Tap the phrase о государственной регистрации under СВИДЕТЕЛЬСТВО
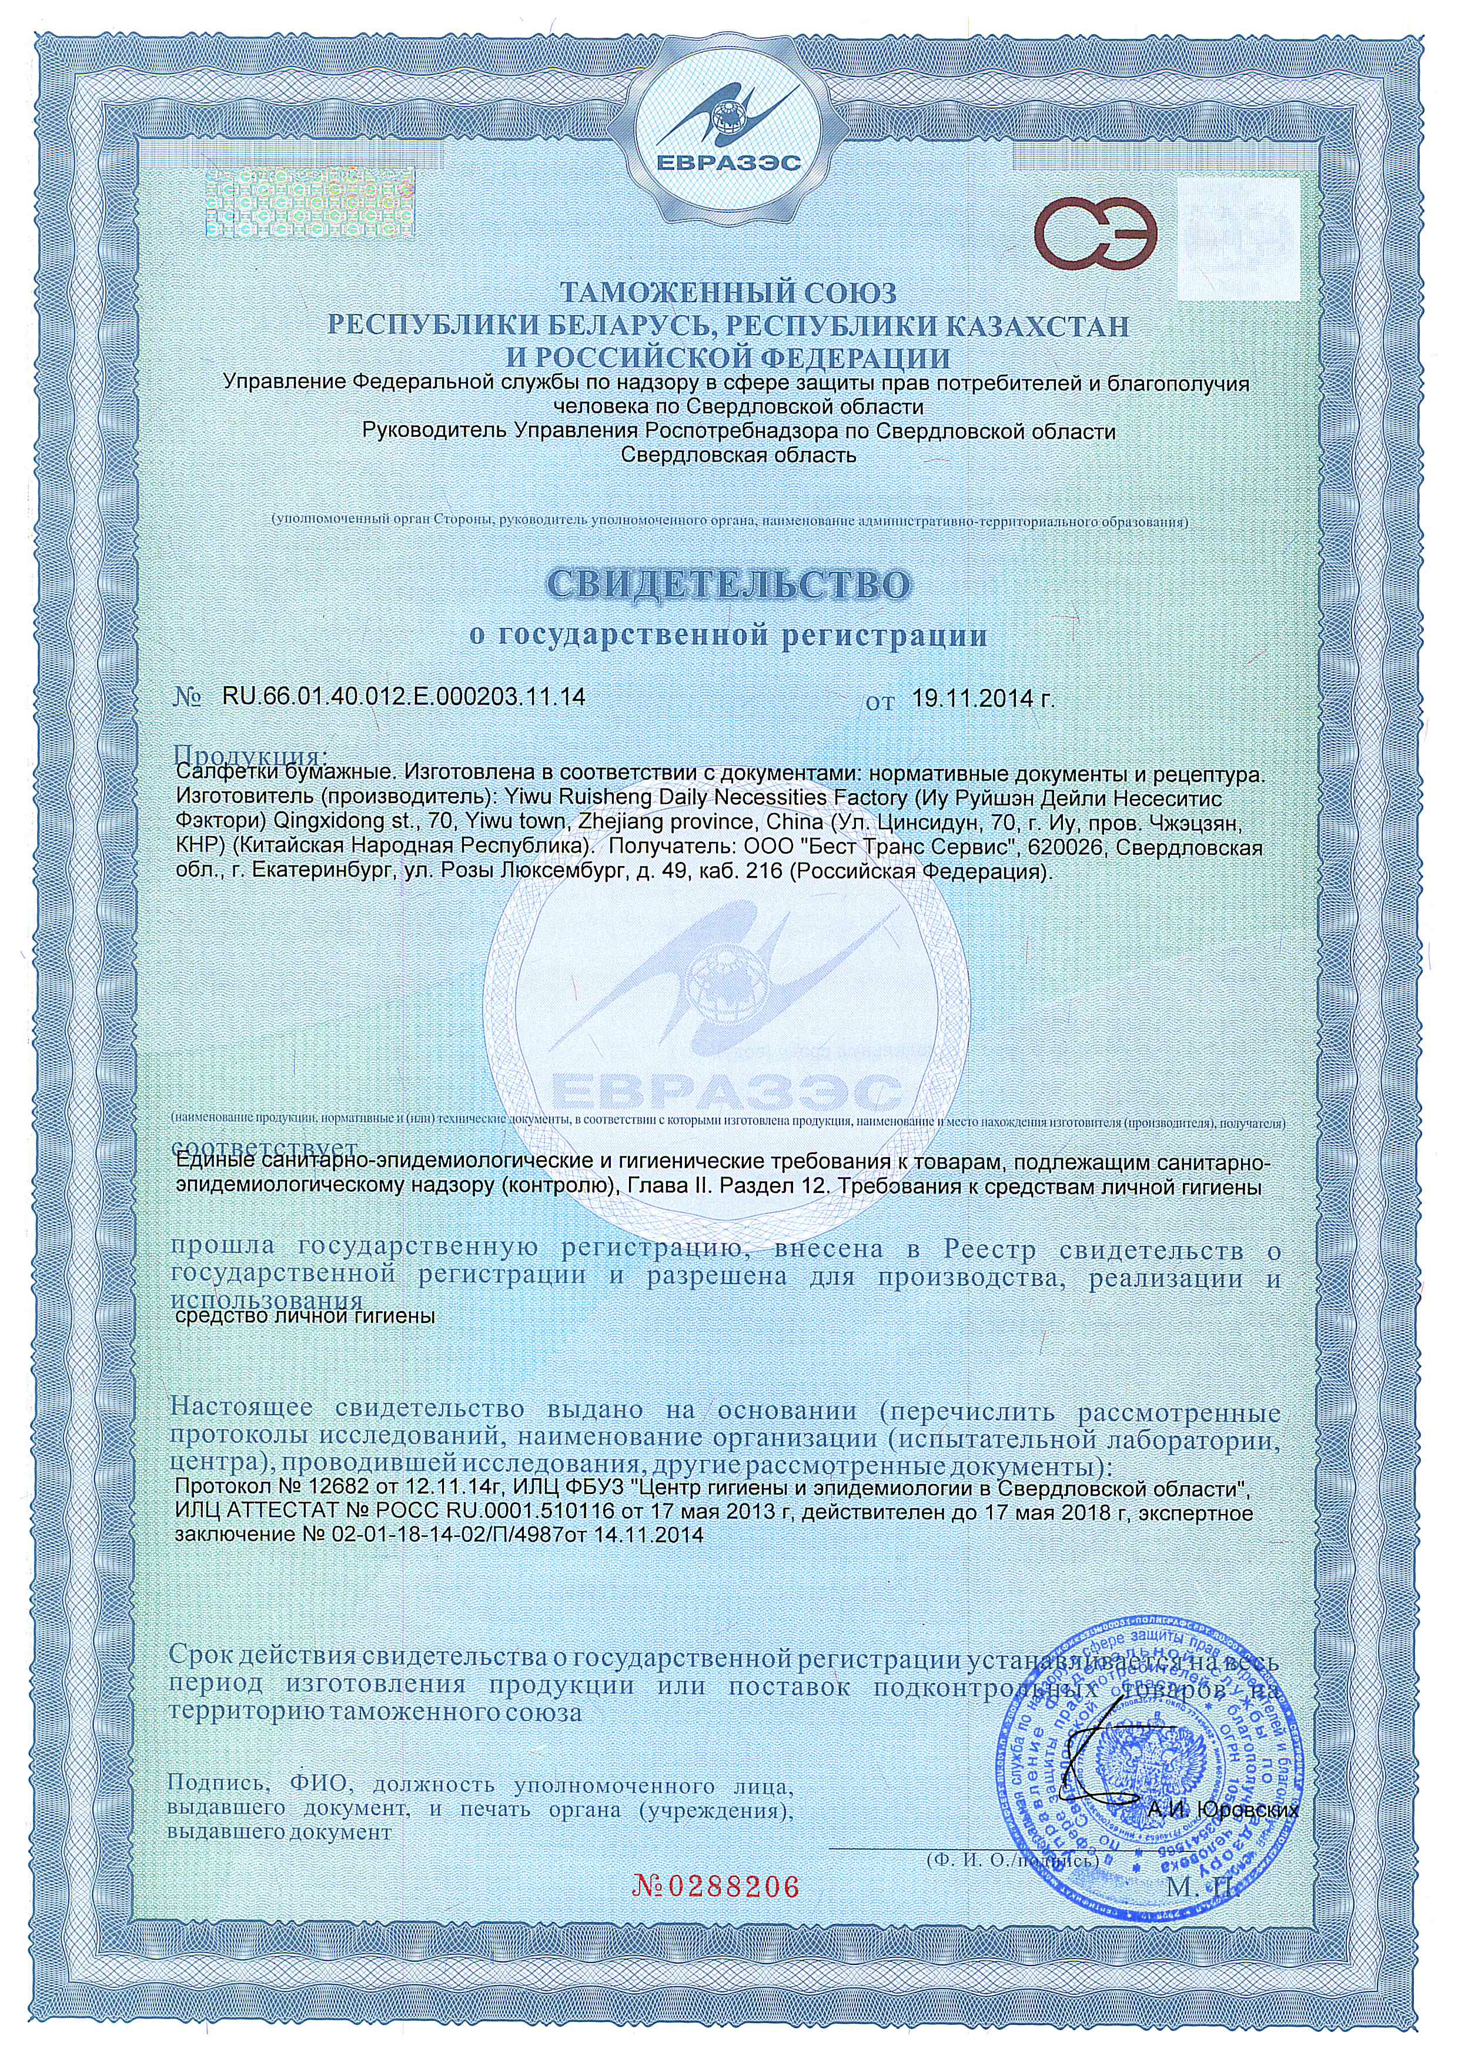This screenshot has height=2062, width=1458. (x=729, y=636)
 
